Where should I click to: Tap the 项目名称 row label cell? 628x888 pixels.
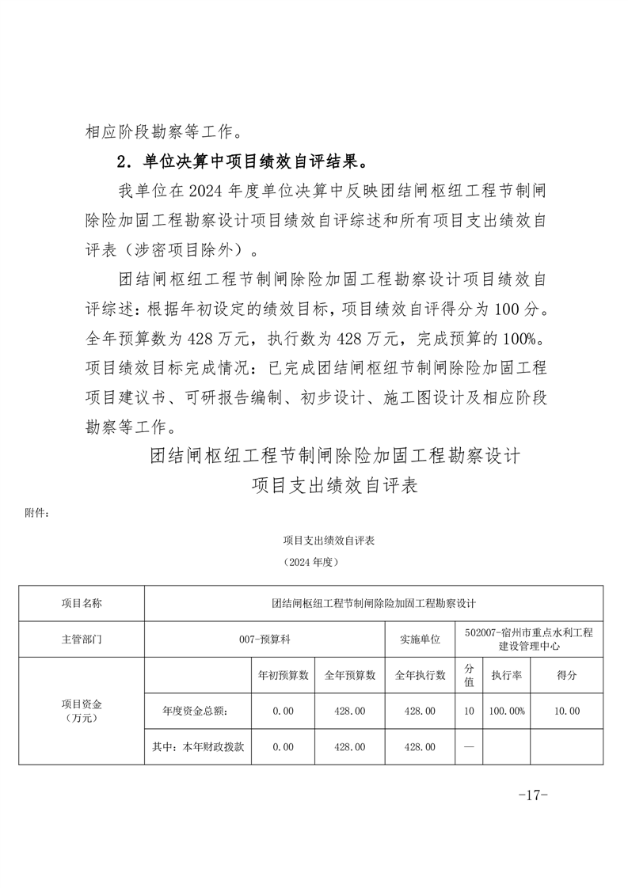pos(82,603)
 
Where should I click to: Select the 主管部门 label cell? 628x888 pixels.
pos(82,639)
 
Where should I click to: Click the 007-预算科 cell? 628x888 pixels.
pos(265,639)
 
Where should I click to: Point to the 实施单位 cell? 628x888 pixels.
pos(419,639)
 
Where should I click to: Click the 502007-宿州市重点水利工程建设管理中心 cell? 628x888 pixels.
pos(529,639)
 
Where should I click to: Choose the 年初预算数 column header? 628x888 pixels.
pos(283,676)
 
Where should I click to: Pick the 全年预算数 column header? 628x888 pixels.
pos(350,676)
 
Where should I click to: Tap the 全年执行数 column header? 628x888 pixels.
pos(420,676)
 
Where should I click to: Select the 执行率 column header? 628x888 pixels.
pos(506,676)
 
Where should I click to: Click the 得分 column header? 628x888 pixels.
pos(566,676)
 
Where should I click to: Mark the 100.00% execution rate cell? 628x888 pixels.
pos(506,712)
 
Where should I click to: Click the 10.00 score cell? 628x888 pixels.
pos(566,712)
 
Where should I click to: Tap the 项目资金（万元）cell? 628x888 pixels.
pos(82,711)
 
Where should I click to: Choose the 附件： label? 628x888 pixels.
pos(38,512)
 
